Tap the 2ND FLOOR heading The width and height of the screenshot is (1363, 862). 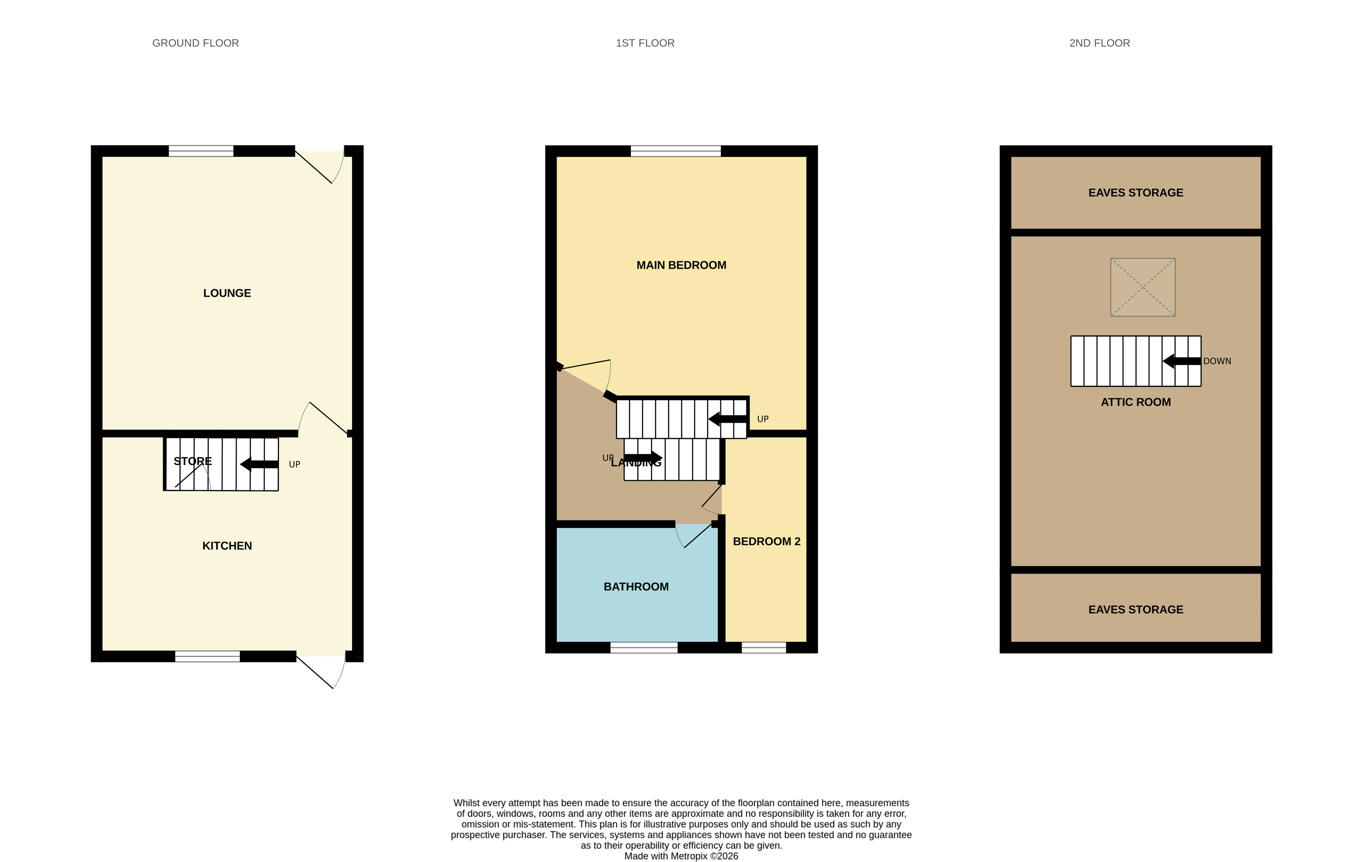1099,43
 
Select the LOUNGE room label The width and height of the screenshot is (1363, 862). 227,293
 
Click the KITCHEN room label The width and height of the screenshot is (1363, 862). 227,546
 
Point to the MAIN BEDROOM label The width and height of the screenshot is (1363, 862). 681,265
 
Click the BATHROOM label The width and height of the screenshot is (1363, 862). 636,587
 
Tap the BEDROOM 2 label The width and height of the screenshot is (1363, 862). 766,541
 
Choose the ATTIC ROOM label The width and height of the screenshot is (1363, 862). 1136,402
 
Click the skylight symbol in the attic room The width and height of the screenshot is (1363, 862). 1143,287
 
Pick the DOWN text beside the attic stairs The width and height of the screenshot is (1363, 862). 1217,361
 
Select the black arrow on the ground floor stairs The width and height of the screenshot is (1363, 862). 259,464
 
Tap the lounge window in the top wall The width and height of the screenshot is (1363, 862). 201,151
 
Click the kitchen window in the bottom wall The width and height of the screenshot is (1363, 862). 207,656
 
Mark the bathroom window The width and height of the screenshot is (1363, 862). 644,648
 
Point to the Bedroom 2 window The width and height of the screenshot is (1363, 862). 764,648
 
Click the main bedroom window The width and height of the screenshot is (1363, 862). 676,151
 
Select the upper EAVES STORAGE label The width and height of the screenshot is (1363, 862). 1136,193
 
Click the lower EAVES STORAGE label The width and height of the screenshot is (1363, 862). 1136,610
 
